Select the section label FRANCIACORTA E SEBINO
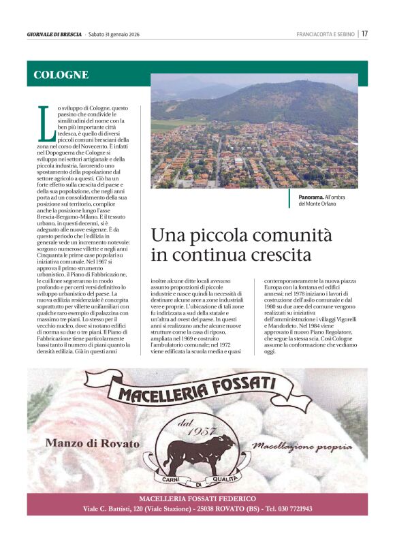point(326,34)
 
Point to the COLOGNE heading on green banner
point(61,75)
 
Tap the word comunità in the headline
point(295,236)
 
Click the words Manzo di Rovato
point(92,443)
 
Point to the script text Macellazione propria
point(302,447)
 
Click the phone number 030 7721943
point(289,509)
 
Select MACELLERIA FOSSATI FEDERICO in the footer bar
point(197,499)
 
